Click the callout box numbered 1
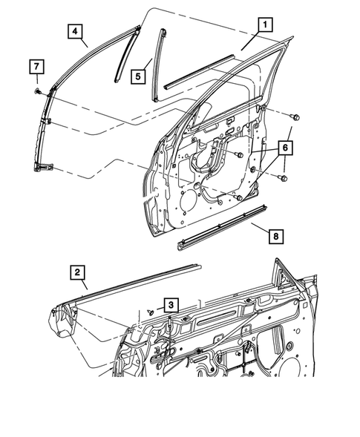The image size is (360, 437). click(264, 24)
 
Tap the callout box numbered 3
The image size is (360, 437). click(171, 305)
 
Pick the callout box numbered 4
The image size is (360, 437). click(74, 31)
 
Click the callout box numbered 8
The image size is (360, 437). click(275, 236)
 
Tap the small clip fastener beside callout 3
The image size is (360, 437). click(151, 313)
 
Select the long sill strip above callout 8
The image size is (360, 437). click(223, 224)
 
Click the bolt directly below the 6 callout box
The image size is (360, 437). click(281, 178)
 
